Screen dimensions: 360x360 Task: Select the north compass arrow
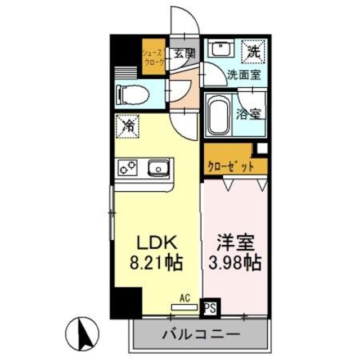click(x=85, y=332)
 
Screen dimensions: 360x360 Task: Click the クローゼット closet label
click(x=230, y=167)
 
